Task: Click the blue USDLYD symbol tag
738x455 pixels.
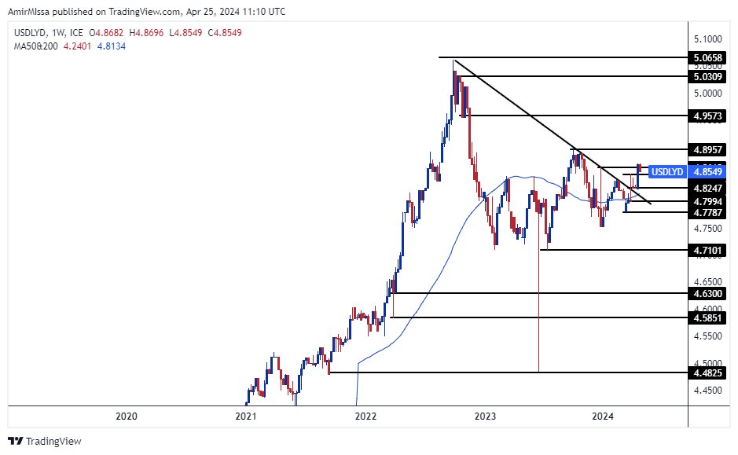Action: [668, 171]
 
